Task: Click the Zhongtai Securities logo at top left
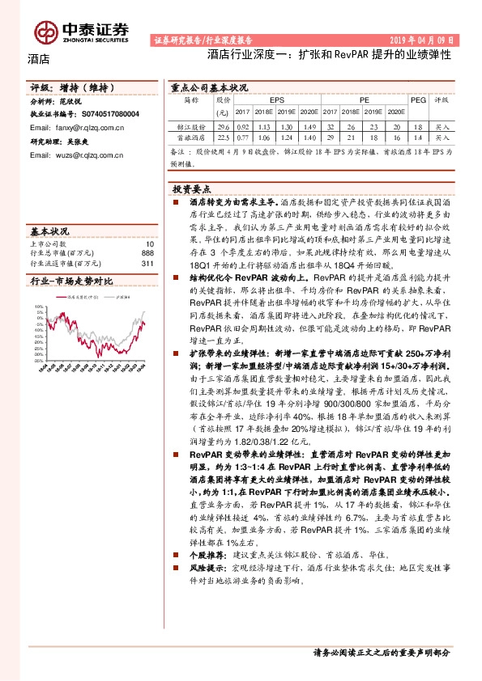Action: pyautogui.click(x=81, y=31)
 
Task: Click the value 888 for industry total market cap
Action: pyautogui.click(x=147, y=253)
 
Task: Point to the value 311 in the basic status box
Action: pyautogui.click(x=147, y=263)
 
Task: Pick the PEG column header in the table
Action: pyautogui.click(x=418, y=99)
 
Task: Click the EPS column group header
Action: pyautogui.click(x=277, y=99)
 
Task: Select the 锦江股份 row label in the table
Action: pyautogui.click(x=191, y=127)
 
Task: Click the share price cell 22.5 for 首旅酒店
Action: pyautogui.click(x=224, y=138)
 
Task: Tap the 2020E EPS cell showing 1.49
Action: pyautogui.click(x=309, y=127)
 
